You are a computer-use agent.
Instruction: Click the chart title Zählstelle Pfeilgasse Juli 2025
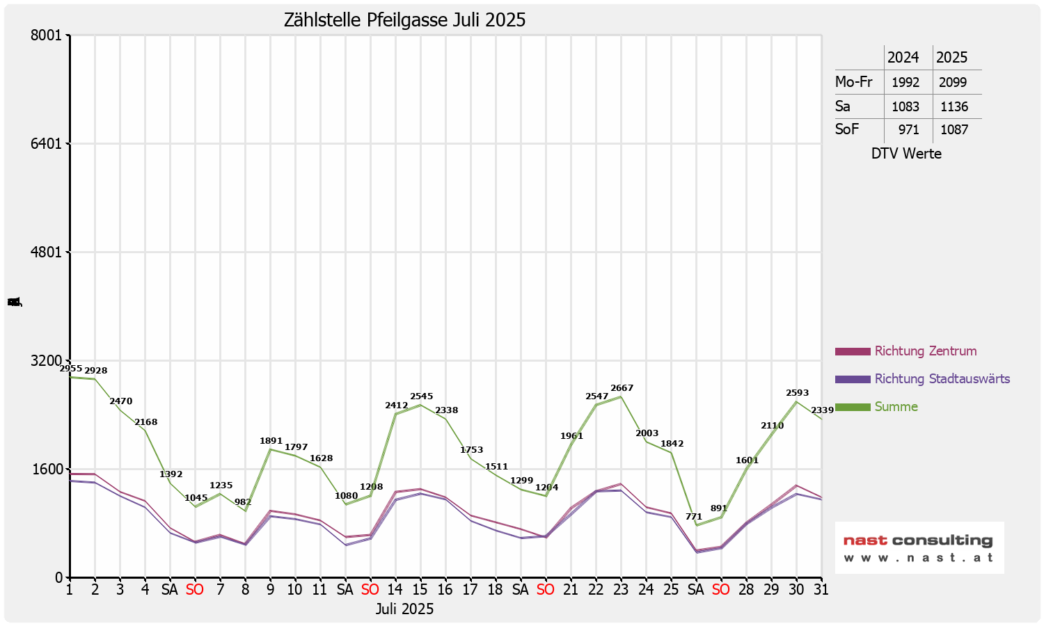[404, 20]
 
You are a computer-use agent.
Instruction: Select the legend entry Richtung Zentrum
[925, 351]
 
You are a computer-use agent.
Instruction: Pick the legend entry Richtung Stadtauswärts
[942, 379]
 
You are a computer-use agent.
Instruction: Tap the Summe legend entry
[896, 407]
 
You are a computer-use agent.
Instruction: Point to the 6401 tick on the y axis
[47, 144]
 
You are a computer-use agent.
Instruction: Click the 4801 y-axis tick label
[47, 252]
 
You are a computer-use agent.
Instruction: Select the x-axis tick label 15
[420, 590]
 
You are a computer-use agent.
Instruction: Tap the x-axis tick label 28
[746, 590]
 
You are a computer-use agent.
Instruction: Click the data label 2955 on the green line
[71, 369]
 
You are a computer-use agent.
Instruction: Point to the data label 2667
[622, 388]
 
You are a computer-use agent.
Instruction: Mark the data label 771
[694, 517]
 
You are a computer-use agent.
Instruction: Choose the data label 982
[243, 502]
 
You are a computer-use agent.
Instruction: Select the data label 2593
[797, 393]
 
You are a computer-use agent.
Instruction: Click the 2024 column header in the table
[903, 58]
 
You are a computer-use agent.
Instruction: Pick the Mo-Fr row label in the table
[853, 82]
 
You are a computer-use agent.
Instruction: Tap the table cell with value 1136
[954, 107]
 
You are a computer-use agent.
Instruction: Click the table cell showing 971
[908, 130]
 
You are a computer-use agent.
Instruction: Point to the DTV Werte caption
[906, 154]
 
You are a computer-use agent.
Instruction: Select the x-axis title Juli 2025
[404, 609]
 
